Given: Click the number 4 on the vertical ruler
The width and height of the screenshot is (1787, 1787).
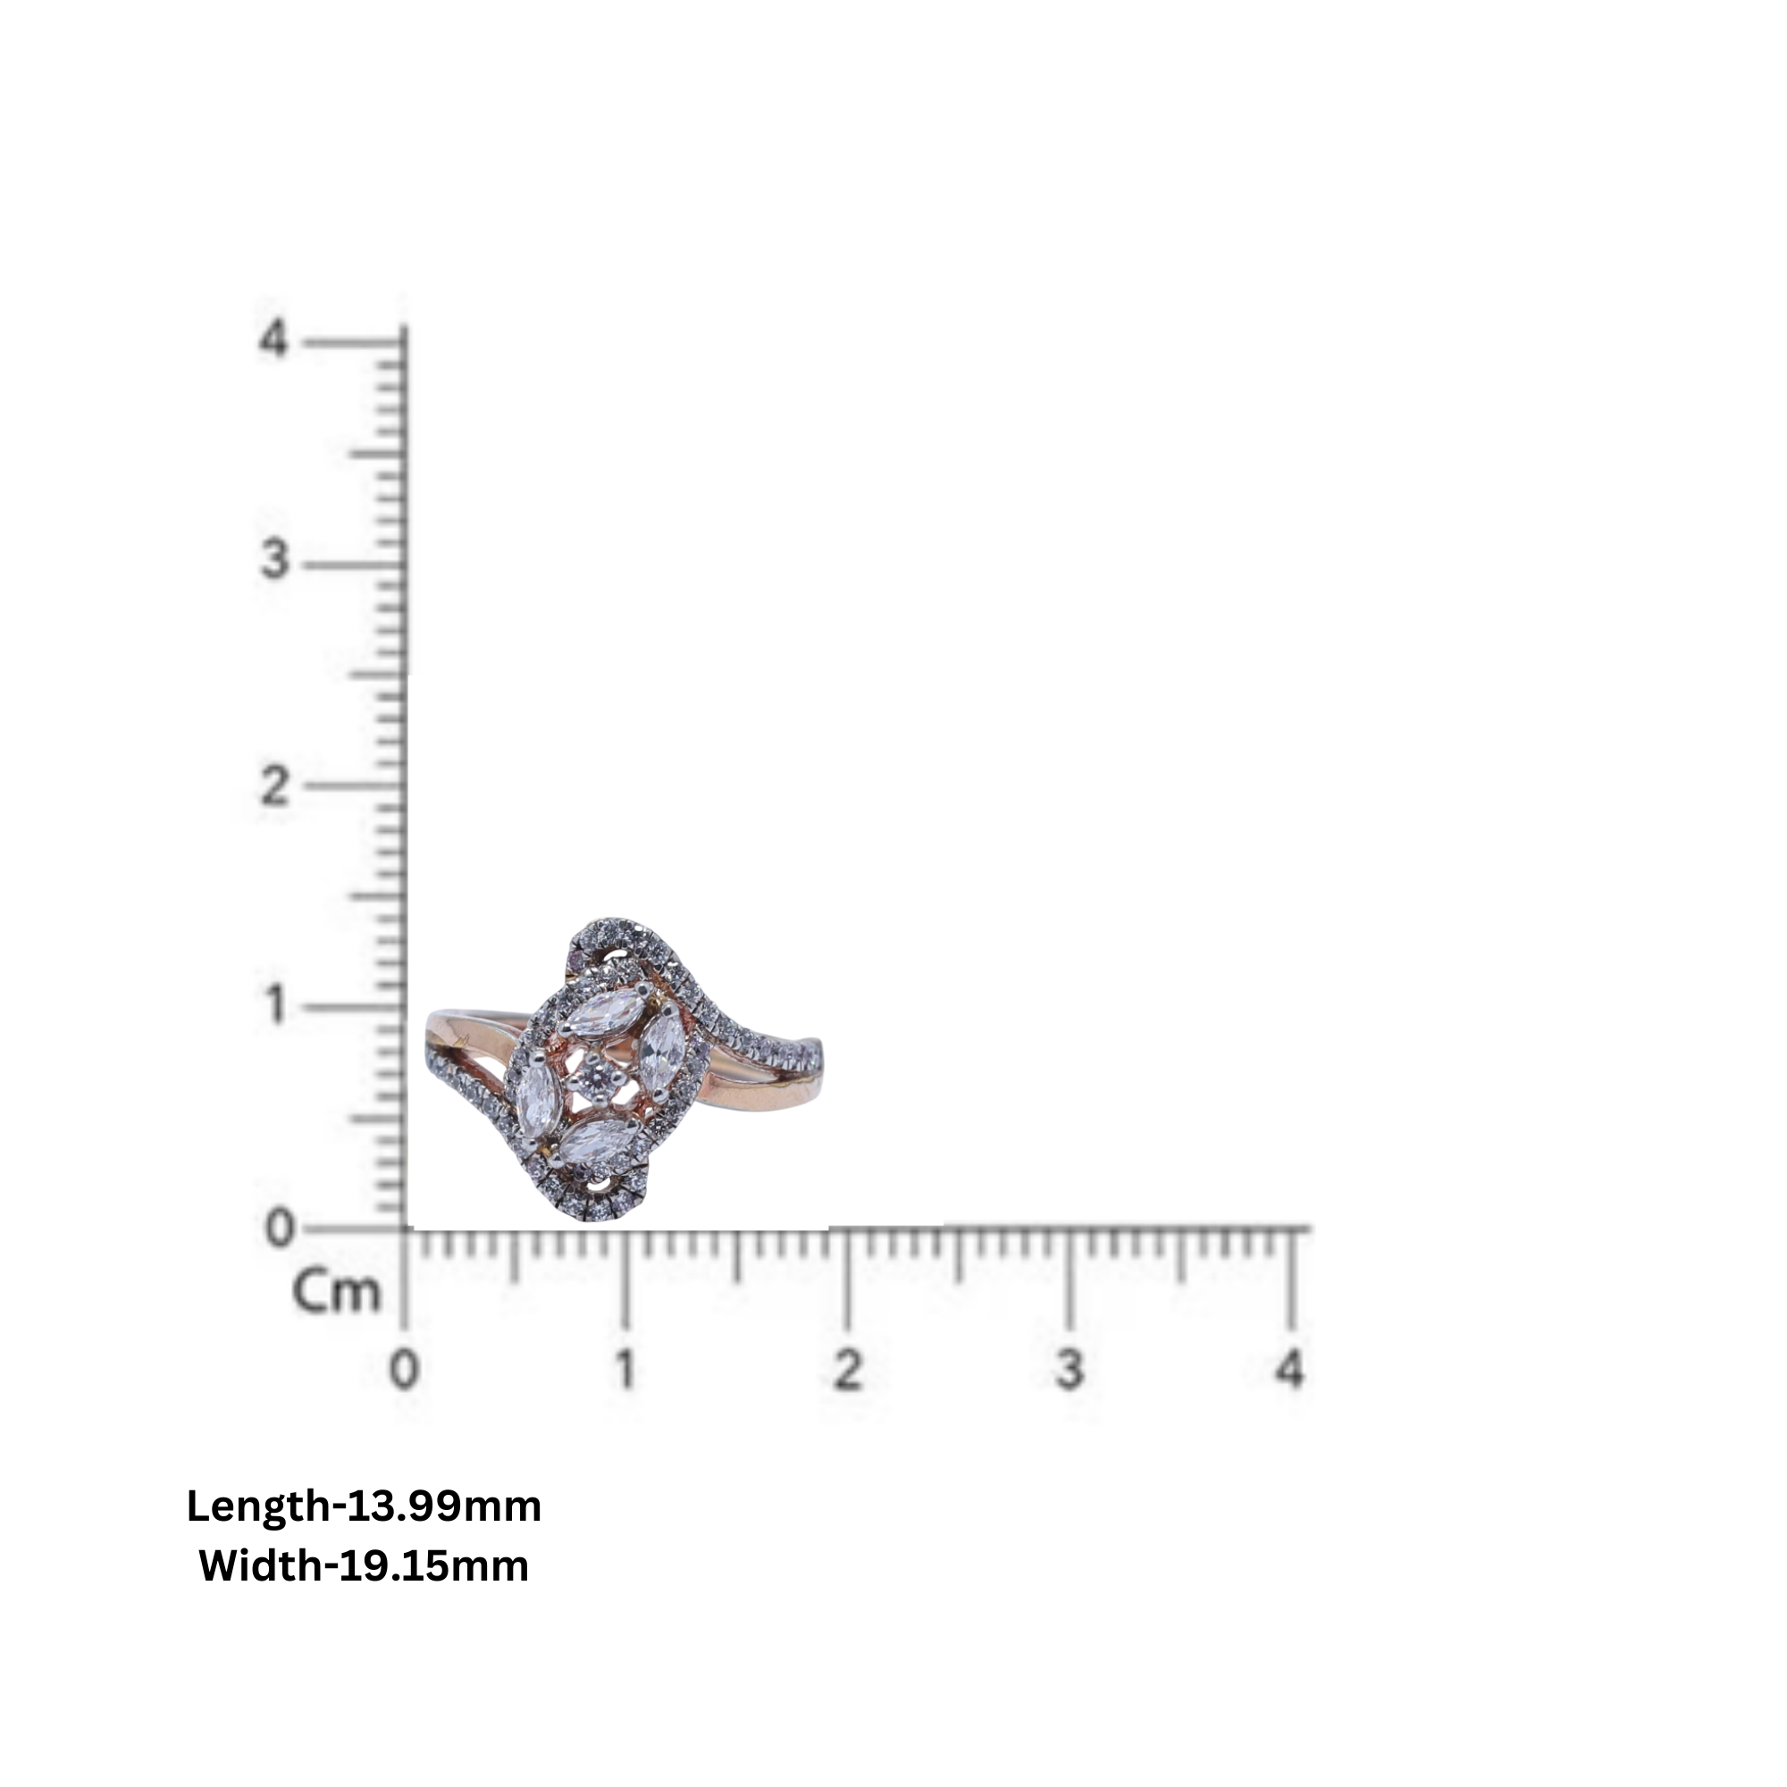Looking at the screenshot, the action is [273, 340].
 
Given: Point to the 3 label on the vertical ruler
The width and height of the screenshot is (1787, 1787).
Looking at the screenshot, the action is [273, 560].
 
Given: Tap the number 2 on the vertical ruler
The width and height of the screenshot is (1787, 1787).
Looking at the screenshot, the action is [273, 787].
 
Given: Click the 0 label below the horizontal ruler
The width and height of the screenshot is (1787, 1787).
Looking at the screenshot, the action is [404, 1369].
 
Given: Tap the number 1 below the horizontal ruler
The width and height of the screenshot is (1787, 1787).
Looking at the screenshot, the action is [626, 1369].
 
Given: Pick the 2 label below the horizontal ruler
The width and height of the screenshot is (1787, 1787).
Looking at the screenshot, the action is [847, 1369].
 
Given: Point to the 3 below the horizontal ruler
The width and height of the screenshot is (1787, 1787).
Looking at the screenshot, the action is [1070, 1369].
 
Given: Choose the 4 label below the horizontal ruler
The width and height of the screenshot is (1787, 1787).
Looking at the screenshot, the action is [1289, 1369].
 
